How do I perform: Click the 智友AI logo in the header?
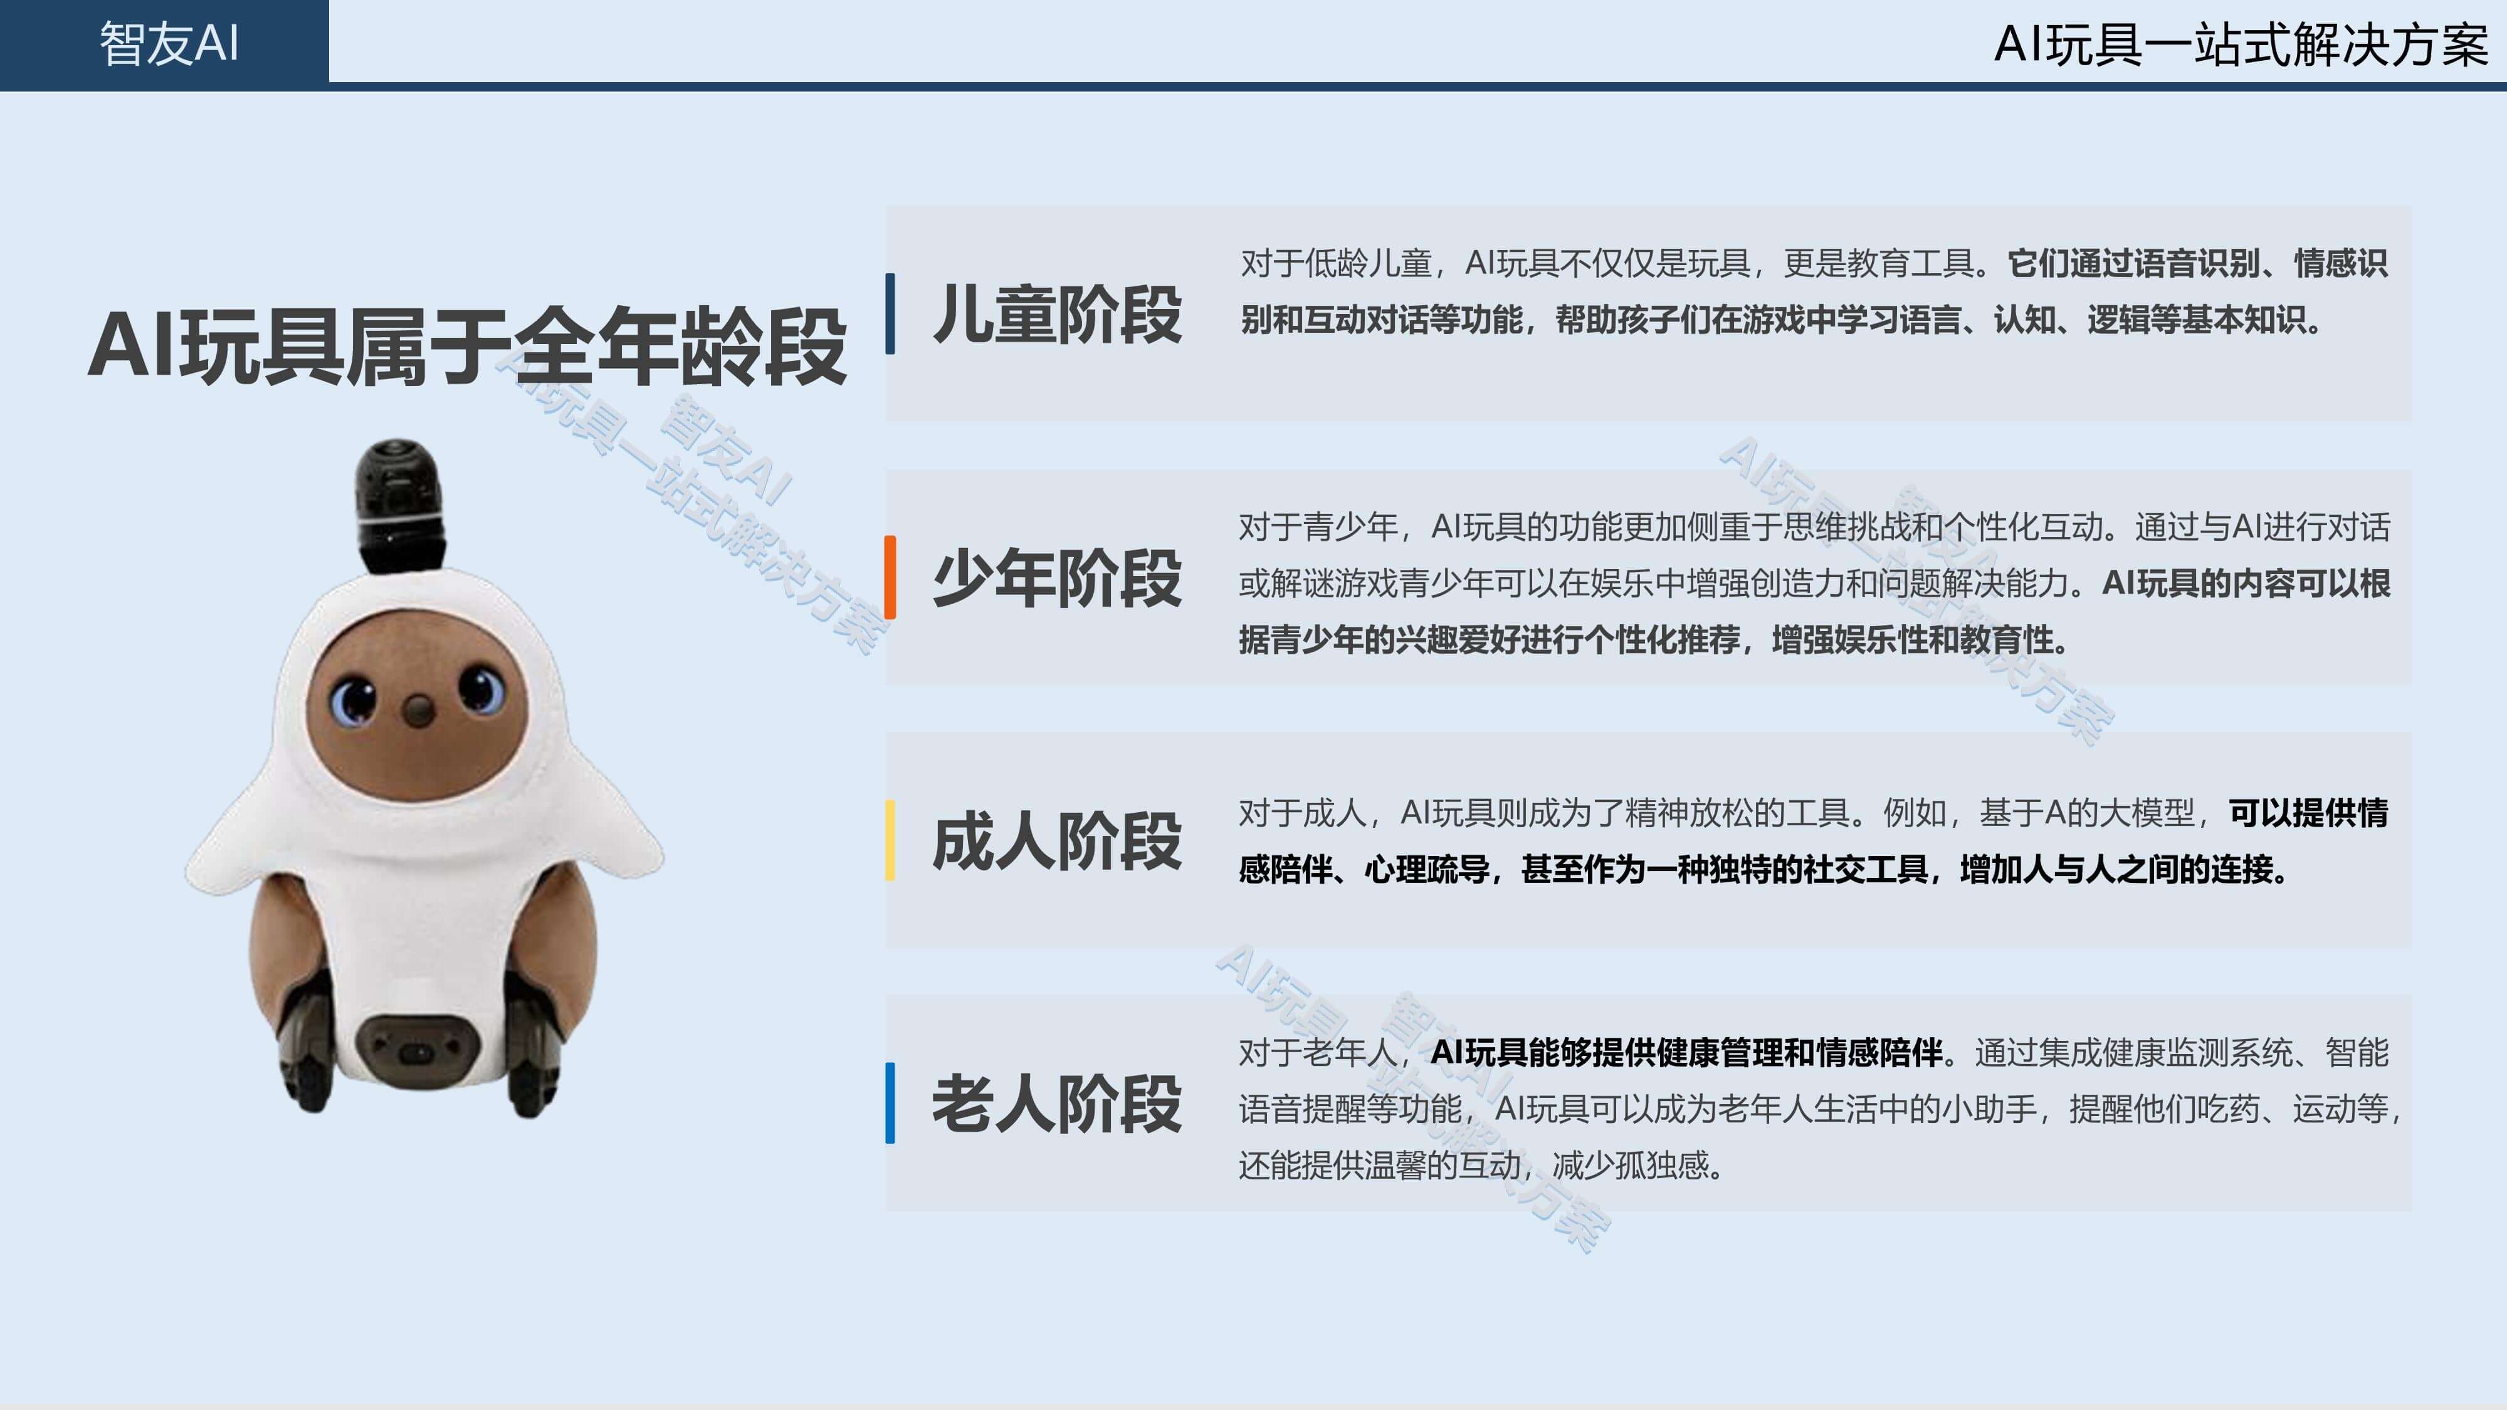(169, 44)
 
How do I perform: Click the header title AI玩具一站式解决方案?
(2241, 44)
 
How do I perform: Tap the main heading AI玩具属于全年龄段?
(467, 345)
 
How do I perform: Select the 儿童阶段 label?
(1057, 315)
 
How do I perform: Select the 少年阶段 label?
(1057, 578)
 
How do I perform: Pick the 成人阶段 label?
(1057, 841)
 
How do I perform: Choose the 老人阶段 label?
(1057, 1104)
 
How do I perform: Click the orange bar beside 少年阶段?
(890, 577)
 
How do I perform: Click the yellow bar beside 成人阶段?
(890, 841)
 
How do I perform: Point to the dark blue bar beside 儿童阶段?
(890, 313)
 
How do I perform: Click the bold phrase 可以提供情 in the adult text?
(2308, 813)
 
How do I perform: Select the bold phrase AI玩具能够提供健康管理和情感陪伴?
(1686, 1052)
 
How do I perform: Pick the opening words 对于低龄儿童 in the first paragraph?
(1336, 263)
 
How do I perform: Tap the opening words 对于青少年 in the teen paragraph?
(1319, 526)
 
